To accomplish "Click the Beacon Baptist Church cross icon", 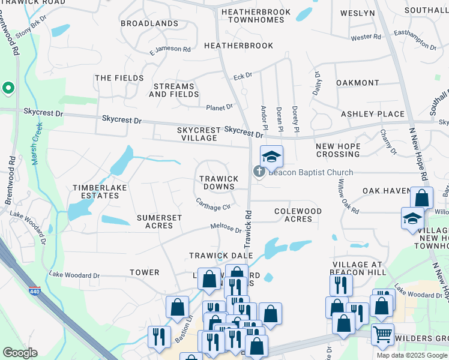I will pyautogui.click(x=259, y=172).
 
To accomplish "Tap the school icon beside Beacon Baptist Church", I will pyautogui.click(x=271, y=157).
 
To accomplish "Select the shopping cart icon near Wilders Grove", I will pyautogui.click(x=382, y=334).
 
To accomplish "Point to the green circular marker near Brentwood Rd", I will pyautogui.click(x=8, y=89).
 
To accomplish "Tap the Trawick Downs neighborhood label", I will pyautogui.click(x=219, y=182).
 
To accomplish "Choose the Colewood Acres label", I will pyautogui.click(x=298, y=215).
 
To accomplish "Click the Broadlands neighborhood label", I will pyautogui.click(x=149, y=23).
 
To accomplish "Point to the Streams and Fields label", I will pyautogui.click(x=174, y=90).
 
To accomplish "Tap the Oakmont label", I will pyautogui.click(x=358, y=83).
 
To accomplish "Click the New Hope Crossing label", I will pyautogui.click(x=338, y=150).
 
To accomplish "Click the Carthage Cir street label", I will pyautogui.click(x=213, y=205).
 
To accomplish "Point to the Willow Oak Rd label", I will pyautogui.click(x=348, y=197).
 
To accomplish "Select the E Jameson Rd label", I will pyautogui.click(x=170, y=49).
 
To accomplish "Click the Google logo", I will pyautogui.click(x=20, y=353).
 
